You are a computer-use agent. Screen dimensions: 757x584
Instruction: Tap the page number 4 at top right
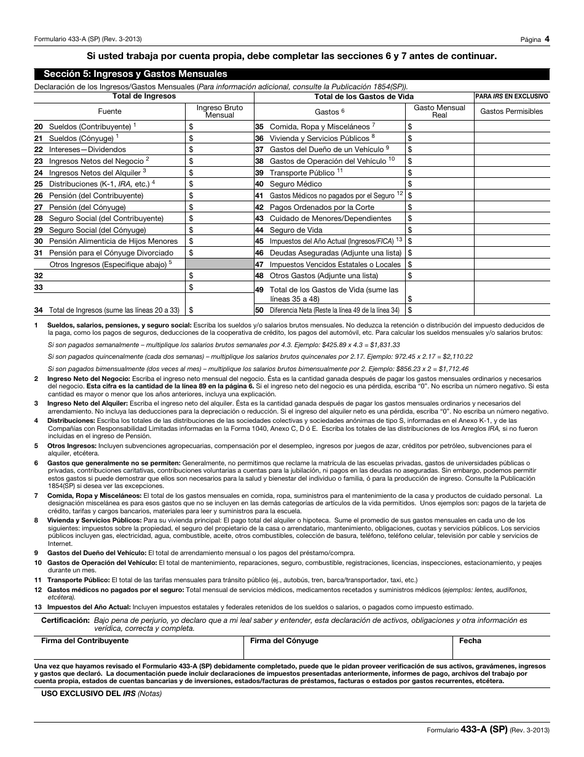(547, 39)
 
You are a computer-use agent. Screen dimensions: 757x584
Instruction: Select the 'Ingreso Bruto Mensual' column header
(219, 111)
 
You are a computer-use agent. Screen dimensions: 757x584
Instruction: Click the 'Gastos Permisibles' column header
(511, 111)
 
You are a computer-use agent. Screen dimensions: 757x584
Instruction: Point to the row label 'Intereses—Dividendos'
(88, 150)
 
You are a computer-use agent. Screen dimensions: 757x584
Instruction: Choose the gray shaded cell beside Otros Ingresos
(219, 264)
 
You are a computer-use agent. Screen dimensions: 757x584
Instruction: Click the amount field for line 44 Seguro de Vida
(439, 230)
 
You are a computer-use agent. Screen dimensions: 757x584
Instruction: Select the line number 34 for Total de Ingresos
(39, 311)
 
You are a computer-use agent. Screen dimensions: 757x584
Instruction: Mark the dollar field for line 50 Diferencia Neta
(439, 311)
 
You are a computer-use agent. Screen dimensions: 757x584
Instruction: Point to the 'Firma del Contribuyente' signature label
(85, 641)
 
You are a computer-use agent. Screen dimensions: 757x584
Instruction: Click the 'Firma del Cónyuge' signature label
(284, 641)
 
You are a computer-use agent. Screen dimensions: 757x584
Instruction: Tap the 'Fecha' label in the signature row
(470, 641)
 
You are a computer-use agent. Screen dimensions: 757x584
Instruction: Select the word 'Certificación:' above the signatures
(65, 620)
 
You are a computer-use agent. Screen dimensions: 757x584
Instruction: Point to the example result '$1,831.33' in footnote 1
(384, 345)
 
